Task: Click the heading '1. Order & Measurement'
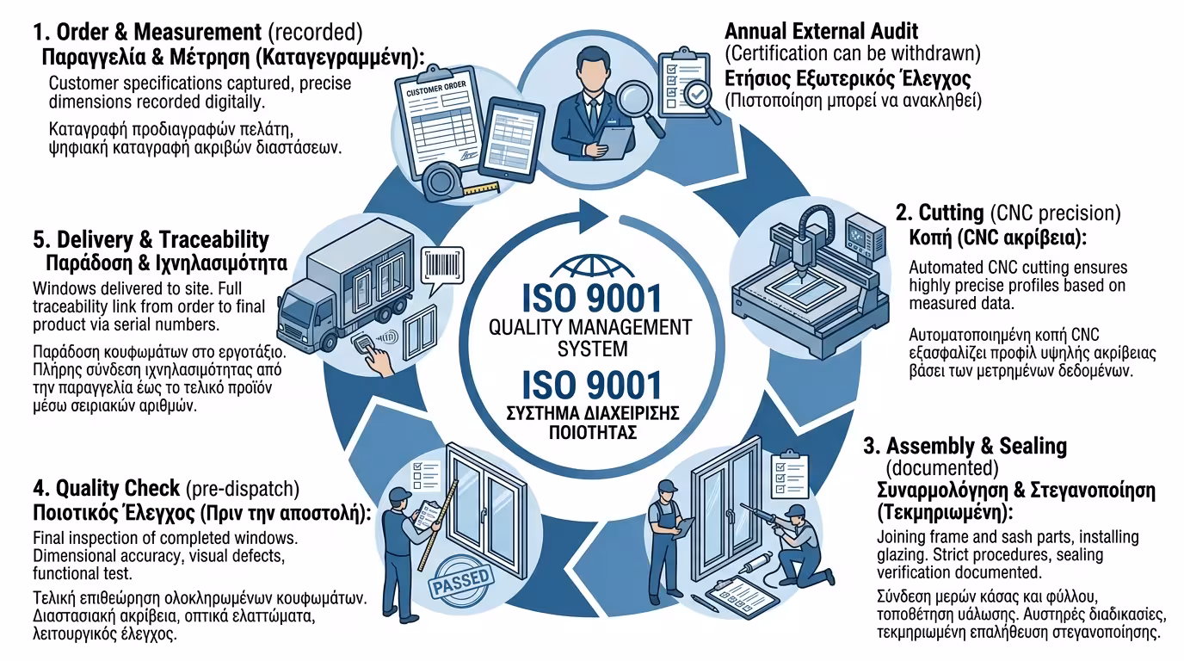pos(147,34)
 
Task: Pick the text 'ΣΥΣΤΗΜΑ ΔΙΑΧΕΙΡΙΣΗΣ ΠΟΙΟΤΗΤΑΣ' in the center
pos(591,423)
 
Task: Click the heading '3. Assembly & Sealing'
pos(965,447)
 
